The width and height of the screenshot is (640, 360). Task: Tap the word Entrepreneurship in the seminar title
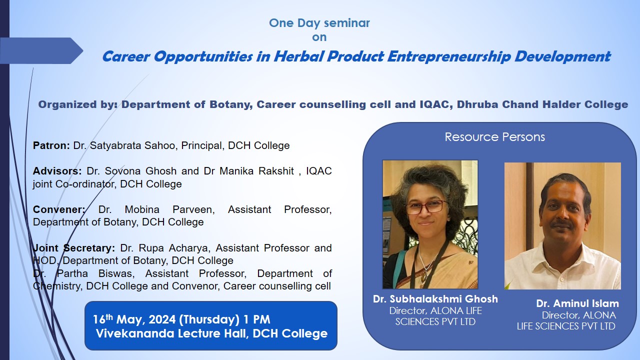(448, 56)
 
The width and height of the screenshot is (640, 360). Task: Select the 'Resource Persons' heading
(494, 137)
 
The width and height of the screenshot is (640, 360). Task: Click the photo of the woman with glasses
(430, 224)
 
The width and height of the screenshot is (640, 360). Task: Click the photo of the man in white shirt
(562, 225)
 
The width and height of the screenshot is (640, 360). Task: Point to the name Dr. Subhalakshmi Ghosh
(435, 299)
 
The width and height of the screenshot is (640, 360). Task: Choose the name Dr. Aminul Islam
(577, 303)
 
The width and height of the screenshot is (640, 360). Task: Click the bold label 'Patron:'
(51, 145)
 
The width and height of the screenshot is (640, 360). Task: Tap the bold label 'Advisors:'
(57, 171)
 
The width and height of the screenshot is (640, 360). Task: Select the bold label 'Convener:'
(59, 209)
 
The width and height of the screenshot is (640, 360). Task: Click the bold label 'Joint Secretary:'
(74, 248)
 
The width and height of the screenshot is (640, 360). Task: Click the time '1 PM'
(256, 319)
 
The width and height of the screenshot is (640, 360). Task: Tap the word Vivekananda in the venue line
(135, 333)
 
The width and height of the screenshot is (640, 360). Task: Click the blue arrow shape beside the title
(41, 50)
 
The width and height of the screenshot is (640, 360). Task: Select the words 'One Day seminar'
(319, 23)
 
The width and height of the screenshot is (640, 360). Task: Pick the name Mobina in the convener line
(142, 209)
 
